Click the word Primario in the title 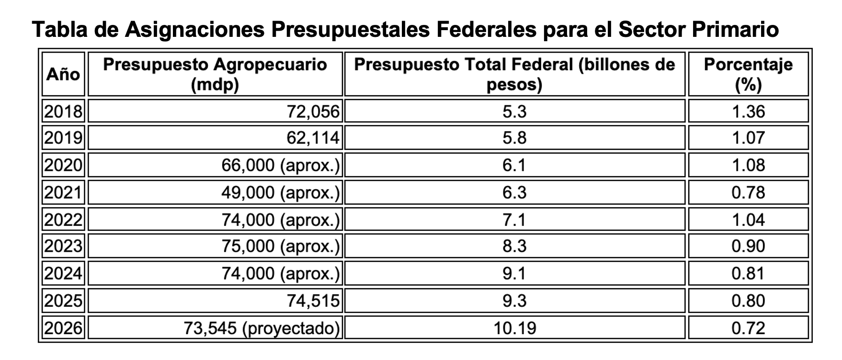coord(736,29)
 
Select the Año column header coord(63,74)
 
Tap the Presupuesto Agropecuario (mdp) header coord(215,74)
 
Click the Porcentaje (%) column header coord(748,74)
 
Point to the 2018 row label coord(63,112)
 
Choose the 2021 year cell coord(63,192)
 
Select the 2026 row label coord(63,328)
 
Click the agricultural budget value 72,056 coord(313,112)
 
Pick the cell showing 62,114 coord(313,138)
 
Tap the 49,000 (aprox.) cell coord(280,192)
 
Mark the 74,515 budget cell coord(313,301)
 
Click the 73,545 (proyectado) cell coord(262,328)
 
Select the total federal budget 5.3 coord(515,112)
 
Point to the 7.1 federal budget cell coord(515,220)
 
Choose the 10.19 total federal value coord(515,328)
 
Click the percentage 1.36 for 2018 coord(748,112)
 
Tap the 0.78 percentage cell coord(748,192)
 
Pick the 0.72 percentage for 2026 coord(748,328)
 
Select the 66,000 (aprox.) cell coord(280,166)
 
